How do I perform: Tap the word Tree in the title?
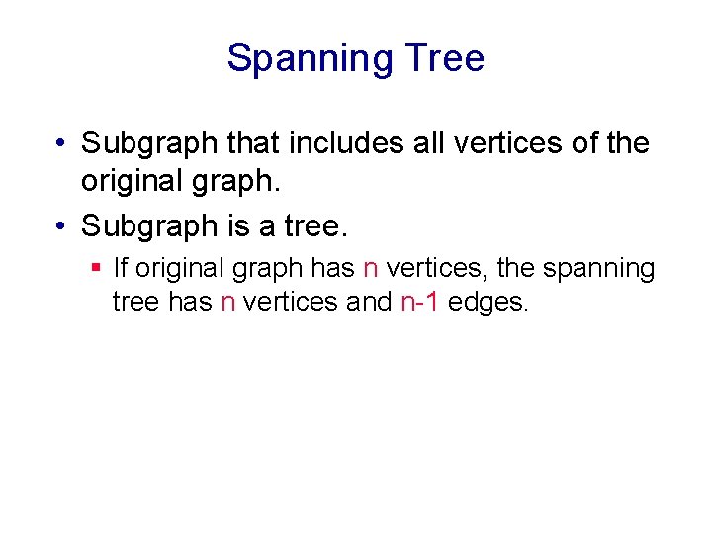444,58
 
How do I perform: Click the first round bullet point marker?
61,144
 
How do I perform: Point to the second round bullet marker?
61,227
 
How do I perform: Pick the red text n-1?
419,302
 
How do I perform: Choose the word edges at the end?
489,303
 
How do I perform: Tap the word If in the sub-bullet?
121,268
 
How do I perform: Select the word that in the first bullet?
254,144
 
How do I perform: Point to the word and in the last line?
369,302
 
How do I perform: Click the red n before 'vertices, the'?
371,269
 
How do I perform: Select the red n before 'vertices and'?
227,302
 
